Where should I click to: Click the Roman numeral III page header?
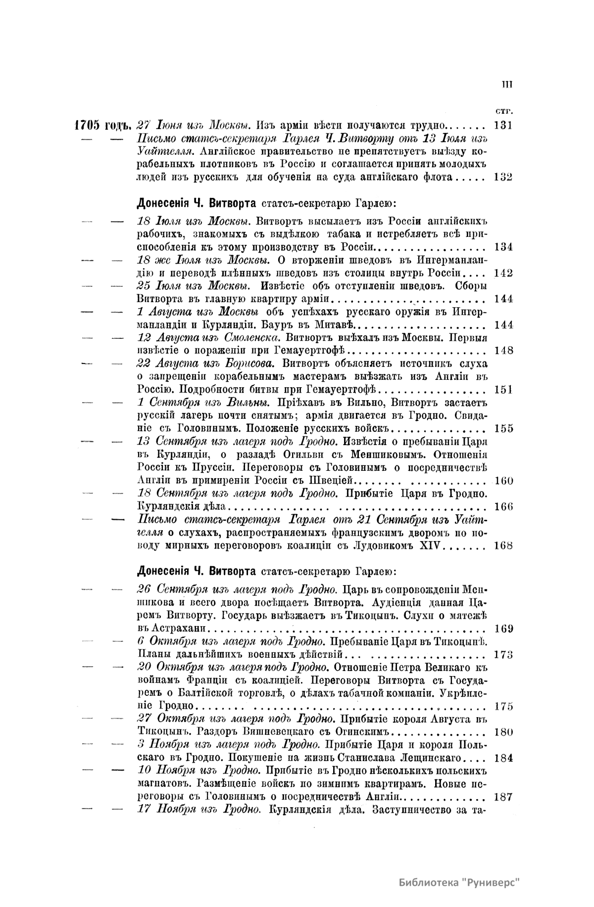(x=506, y=85)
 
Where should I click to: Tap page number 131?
(x=503, y=125)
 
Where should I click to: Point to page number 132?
(x=503, y=178)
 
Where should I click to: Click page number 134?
(x=503, y=247)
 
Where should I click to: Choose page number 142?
(x=503, y=273)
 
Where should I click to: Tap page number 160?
(x=503, y=481)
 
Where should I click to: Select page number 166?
(x=503, y=506)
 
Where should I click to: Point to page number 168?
(x=503, y=545)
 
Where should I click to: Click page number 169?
(x=503, y=629)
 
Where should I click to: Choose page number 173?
(x=503, y=655)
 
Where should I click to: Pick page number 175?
(x=503, y=707)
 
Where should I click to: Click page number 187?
(x=503, y=797)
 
